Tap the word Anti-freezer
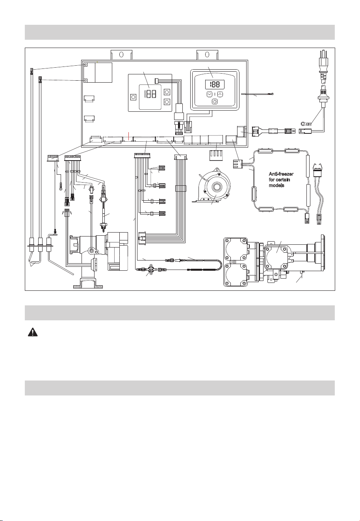tap(281, 174)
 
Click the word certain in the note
tap(283, 180)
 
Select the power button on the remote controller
tap(214, 102)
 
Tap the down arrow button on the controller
tap(209, 94)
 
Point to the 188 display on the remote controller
tap(215, 84)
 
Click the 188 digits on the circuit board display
tap(150, 94)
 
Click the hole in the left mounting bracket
tap(121, 55)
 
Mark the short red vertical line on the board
tap(128, 136)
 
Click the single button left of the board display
tap(133, 97)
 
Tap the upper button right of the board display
tap(167, 92)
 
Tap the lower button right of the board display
tap(167, 102)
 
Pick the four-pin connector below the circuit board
tap(216, 155)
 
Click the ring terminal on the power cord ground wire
tap(303, 124)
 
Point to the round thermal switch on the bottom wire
tap(151, 270)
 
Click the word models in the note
tap(276, 186)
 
